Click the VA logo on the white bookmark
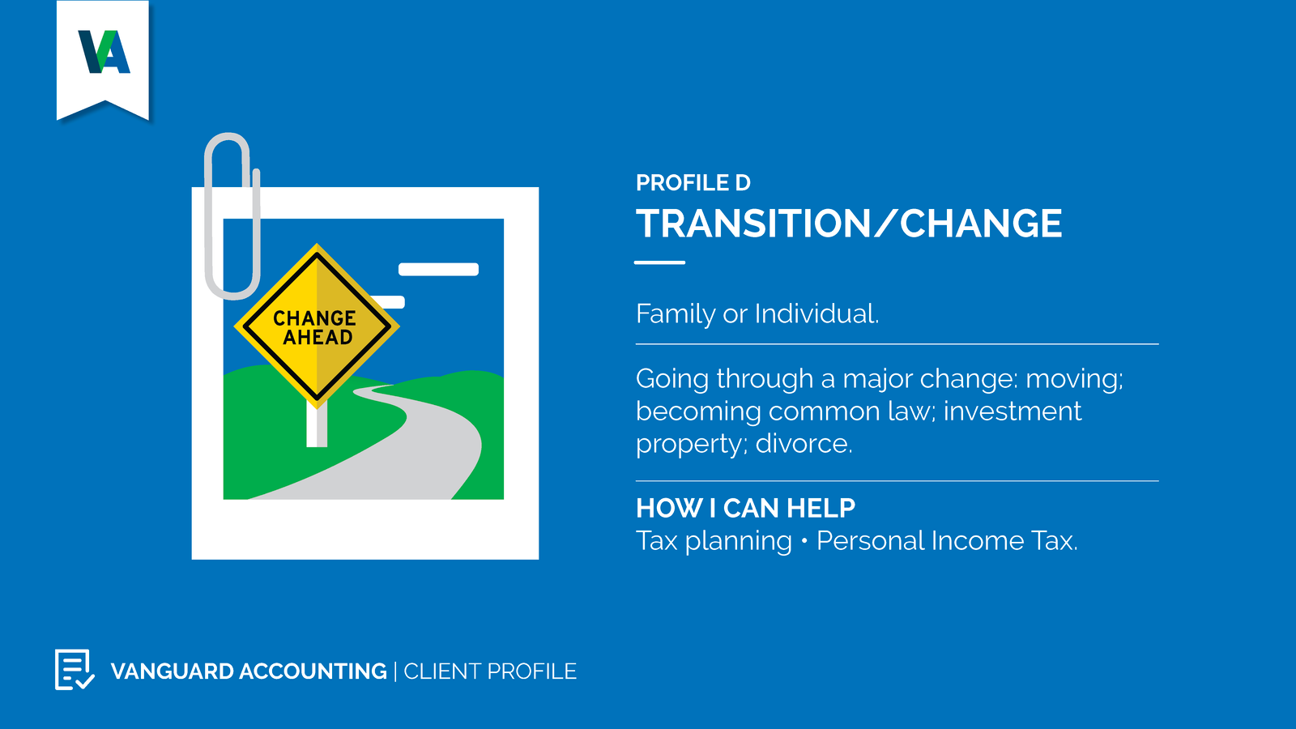click(x=104, y=52)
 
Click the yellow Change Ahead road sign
click(x=317, y=326)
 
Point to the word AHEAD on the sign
click(x=318, y=337)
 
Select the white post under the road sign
click(x=317, y=425)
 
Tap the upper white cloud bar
click(x=438, y=269)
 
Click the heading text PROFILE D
click(x=693, y=183)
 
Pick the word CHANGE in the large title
click(x=981, y=224)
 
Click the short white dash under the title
click(x=659, y=262)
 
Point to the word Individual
click(x=816, y=313)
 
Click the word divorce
click(x=804, y=444)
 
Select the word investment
click(x=1013, y=411)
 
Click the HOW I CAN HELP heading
click(x=745, y=508)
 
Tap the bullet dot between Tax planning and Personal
click(x=804, y=542)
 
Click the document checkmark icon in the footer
click(x=75, y=669)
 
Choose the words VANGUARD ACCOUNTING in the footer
click(x=249, y=671)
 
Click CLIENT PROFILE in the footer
click(x=490, y=671)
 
